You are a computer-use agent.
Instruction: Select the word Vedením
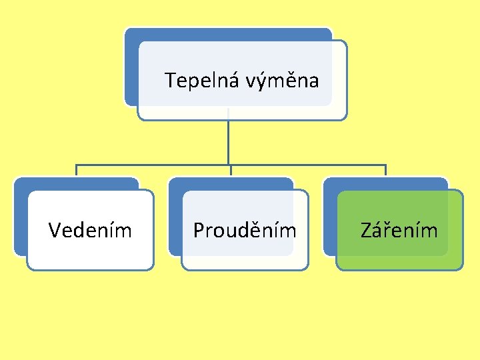[x=90, y=231]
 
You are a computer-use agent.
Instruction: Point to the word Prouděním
[x=245, y=231]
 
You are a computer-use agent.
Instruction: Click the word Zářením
[x=399, y=231]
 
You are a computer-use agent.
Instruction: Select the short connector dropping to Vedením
[x=76, y=171]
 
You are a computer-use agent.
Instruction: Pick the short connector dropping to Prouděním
[x=230, y=171]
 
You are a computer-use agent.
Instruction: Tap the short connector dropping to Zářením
[x=385, y=171]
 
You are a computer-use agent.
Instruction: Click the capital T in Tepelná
[x=170, y=81]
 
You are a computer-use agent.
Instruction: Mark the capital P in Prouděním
[x=198, y=231]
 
